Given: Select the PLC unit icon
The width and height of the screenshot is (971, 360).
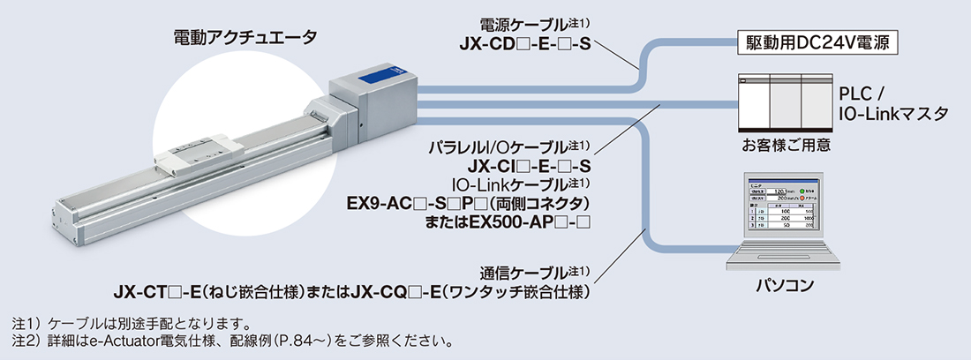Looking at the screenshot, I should coord(780,101).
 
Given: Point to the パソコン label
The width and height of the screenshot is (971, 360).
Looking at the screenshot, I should coord(784,285).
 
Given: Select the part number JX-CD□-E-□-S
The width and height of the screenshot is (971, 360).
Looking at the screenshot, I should coord(524,42).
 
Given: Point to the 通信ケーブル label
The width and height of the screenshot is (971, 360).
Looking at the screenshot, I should coord(529,272).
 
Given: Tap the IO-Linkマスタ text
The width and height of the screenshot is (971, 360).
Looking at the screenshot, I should coord(893,114).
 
